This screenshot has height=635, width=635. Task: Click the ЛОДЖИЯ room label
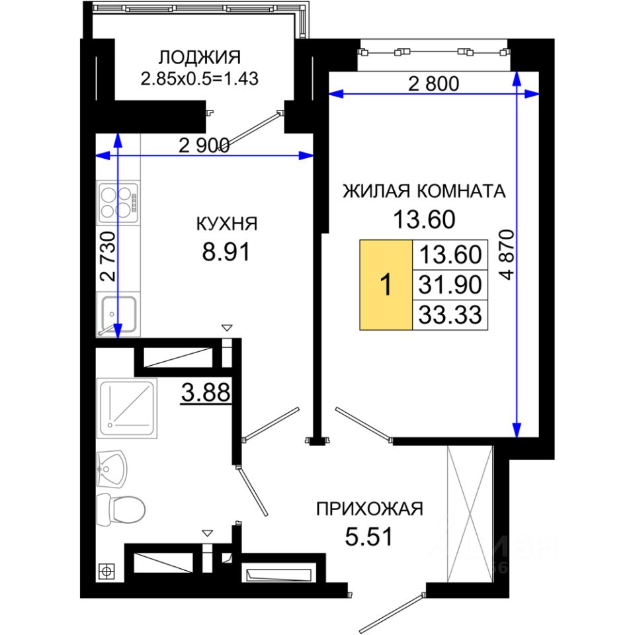(199, 58)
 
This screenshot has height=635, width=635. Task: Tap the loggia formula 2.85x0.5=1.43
(199, 79)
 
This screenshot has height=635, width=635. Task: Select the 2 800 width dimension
(433, 84)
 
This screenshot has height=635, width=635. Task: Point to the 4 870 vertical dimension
(507, 255)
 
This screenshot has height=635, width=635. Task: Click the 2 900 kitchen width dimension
(204, 146)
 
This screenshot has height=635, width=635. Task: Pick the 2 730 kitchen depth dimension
(108, 257)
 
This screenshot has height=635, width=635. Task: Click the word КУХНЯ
(227, 224)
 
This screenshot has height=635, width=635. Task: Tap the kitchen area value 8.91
(226, 251)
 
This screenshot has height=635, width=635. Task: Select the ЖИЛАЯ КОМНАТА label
(424, 191)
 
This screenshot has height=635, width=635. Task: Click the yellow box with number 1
(386, 284)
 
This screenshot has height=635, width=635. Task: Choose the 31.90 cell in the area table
(450, 284)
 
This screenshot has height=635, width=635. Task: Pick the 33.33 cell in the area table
(450, 315)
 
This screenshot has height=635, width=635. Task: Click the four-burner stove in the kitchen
(118, 203)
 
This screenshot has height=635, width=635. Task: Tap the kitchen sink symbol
(118, 314)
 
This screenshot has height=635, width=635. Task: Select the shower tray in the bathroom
(127, 408)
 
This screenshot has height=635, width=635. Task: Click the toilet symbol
(120, 509)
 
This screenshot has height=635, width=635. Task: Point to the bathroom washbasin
(112, 470)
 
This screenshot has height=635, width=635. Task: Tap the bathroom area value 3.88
(206, 392)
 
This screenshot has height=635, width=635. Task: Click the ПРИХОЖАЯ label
(369, 509)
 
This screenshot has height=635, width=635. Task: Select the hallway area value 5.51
(368, 536)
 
